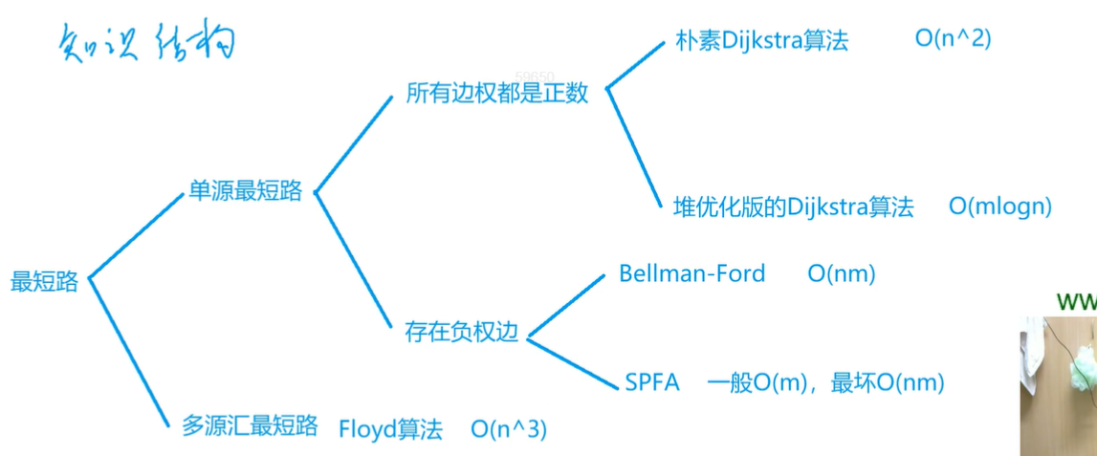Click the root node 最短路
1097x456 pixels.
pyautogui.click(x=44, y=282)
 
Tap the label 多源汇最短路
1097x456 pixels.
pyautogui.click(x=250, y=426)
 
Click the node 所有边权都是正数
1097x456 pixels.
pyautogui.click(x=497, y=94)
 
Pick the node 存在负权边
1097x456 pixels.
pyautogui.click(x=462, y=333)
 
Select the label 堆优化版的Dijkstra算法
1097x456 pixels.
pyautogui.click(x=794, y=207)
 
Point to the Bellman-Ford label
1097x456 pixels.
pyautogui.click(x=692, y=273)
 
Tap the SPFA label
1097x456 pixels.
pyautogui.click(x=652, y=383)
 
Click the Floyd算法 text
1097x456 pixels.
pyautogui.click(x=391, y=429)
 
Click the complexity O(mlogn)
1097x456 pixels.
pyautogui.click(x=1000, y=206)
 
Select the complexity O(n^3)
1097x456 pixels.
pyautogui.click(x=510, y=429)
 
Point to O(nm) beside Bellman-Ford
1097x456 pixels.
pyautogui.click(x=842, y=274)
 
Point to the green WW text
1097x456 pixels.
pyautogui.click(x=1076, y=302)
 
